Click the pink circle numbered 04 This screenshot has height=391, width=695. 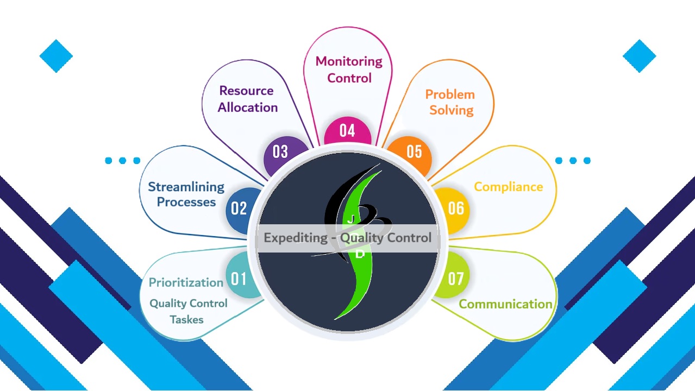(348, 131)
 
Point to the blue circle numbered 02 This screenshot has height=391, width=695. (241, 210)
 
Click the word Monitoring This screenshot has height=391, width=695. (349, 62)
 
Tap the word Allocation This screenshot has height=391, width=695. (248, 108)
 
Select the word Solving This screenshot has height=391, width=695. (452, 110)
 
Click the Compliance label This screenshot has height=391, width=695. (508, 187)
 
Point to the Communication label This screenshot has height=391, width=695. (505, 304)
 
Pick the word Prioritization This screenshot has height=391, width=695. (186, 282)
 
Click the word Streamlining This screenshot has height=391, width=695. (186, 187)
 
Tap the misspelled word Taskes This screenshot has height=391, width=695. (186, 319)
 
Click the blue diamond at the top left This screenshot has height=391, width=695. (56, 56)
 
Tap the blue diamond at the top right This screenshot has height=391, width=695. (639, 56)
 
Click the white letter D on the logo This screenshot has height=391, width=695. (359, 254)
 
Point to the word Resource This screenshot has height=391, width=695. (246, 91)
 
